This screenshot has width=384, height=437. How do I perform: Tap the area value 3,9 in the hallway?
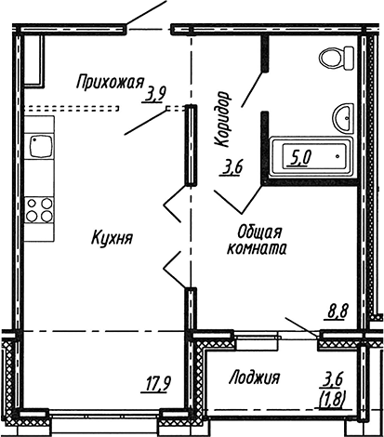click(154, 94)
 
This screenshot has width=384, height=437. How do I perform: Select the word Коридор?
click(222, 118)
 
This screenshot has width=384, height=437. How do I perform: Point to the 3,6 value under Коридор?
click(232, 168)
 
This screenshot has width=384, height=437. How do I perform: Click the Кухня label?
click(113, 238)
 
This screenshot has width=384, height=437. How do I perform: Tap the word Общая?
click(258, 232)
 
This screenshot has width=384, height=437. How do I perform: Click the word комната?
click(256, 248)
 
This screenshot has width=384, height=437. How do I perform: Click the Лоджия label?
click(253, 377)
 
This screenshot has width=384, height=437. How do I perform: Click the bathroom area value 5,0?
click(300, 158)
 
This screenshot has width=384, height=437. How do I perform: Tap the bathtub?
click(311, 156)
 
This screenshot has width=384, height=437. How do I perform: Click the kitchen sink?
click(40, 146)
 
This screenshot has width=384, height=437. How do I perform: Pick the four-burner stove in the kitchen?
click(39, 209)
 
